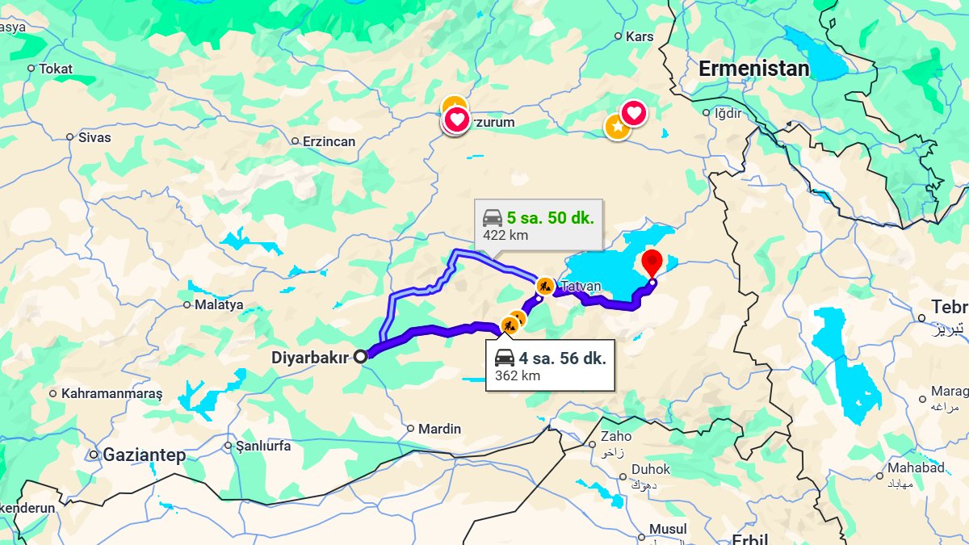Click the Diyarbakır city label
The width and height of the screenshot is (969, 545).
(309, 356)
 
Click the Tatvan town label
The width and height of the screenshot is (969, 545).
(581, 286)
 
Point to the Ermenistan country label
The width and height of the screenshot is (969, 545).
(753, 69)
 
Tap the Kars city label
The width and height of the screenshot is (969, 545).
(640, 36)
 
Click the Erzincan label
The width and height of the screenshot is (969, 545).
(329, 141)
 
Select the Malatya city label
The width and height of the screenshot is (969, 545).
(219, 305)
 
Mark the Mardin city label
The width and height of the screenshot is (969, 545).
(440, 429)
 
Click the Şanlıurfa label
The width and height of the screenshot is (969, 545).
(262, 446)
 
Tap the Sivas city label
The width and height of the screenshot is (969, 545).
(94, 137)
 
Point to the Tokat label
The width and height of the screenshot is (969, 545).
(56, 69)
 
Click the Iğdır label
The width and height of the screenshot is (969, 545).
(728, 113)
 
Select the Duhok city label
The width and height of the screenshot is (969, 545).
(651, 469)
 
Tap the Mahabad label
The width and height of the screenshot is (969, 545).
(916, 468)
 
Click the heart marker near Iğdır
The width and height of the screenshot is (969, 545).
(634, 112)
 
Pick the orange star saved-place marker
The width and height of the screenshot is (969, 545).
(617, 127)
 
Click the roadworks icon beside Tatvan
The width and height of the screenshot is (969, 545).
(544, 284)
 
